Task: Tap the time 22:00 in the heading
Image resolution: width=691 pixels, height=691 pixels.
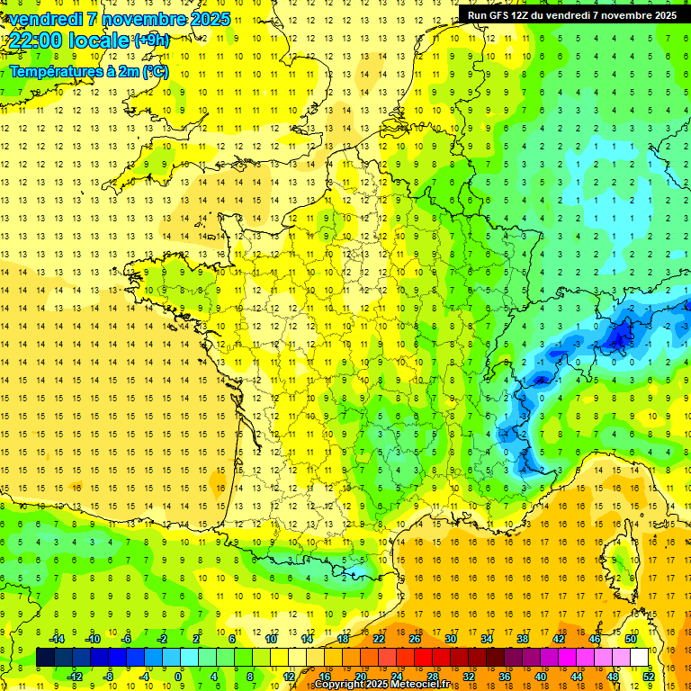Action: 36,40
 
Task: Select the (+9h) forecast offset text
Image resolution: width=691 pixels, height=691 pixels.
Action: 150,40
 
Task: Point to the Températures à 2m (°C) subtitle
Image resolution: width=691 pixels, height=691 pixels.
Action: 88,71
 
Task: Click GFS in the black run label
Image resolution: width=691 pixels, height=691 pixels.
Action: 503,15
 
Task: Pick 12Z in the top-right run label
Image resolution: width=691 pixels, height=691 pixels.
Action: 528,15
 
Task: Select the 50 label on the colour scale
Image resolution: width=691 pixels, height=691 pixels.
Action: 630,639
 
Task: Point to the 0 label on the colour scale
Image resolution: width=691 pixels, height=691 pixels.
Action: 178,677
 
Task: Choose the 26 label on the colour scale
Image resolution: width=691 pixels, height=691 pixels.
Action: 414,639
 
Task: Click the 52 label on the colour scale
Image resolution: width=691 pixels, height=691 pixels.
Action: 648,677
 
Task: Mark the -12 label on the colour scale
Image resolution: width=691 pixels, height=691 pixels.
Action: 75,677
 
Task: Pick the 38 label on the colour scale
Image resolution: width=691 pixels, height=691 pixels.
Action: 522,639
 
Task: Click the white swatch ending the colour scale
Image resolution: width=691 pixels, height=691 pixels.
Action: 639,658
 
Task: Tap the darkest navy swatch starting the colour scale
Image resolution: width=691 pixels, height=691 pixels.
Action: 45,658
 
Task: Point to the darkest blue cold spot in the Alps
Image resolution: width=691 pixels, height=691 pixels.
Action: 619,337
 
